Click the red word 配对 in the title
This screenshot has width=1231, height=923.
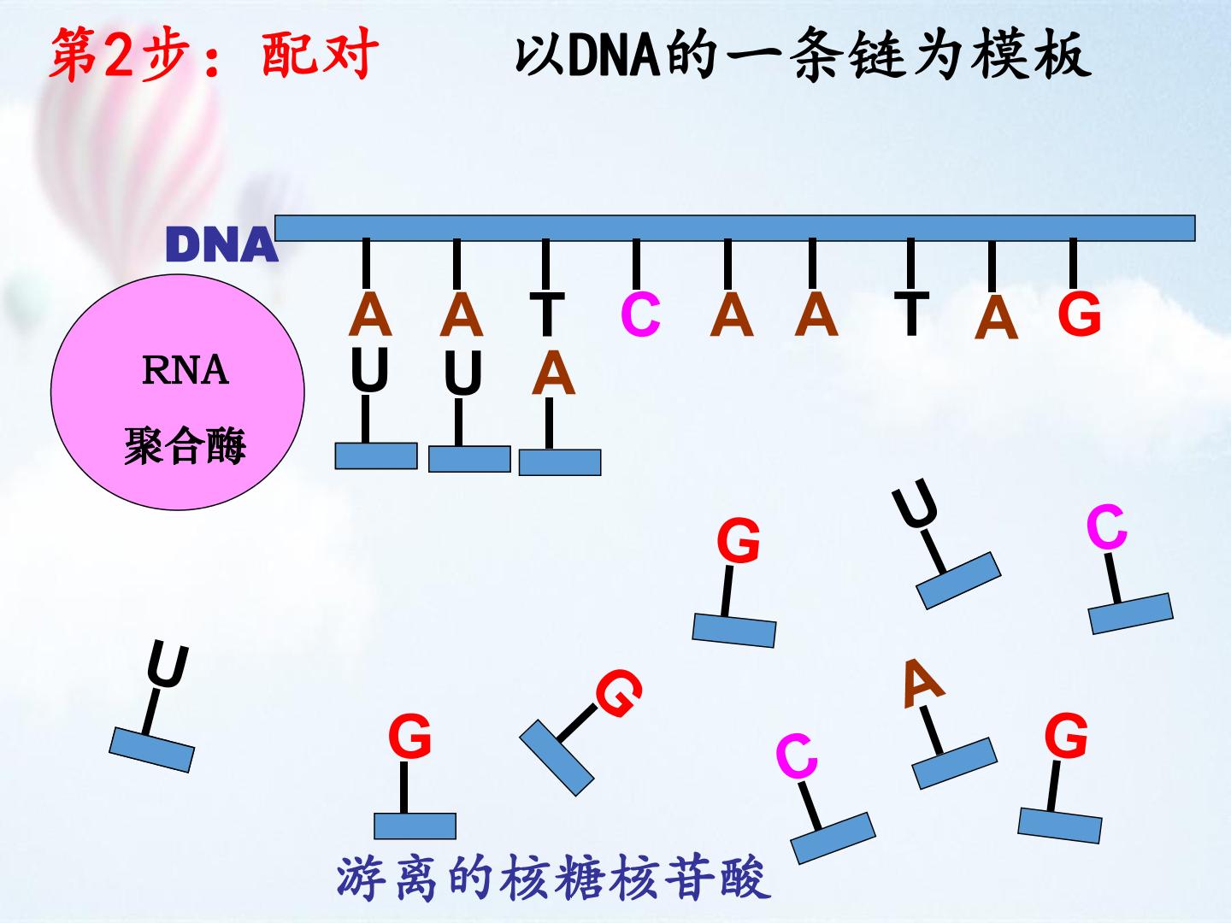[x=321, y=53]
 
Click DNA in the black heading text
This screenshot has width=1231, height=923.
[x=615, y=56]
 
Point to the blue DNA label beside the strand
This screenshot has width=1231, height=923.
[x=221, y=245]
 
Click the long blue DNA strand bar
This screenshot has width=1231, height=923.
[x=734, y=228]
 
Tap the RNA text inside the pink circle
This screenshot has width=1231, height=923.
[x=186, y=370]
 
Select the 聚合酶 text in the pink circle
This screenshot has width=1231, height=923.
[x=185, y=445]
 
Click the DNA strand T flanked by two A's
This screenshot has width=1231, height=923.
[x=911, y=314]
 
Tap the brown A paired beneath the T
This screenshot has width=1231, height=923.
[x=554, y=372]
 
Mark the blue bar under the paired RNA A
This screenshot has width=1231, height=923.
[x=560, y=462]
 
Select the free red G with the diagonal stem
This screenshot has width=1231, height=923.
[x=619, y=693]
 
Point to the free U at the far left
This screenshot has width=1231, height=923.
[x=168, y=665]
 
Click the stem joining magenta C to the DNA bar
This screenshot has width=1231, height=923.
[x=636, y=263]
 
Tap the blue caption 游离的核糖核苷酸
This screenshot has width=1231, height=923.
[x=554, y=878]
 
